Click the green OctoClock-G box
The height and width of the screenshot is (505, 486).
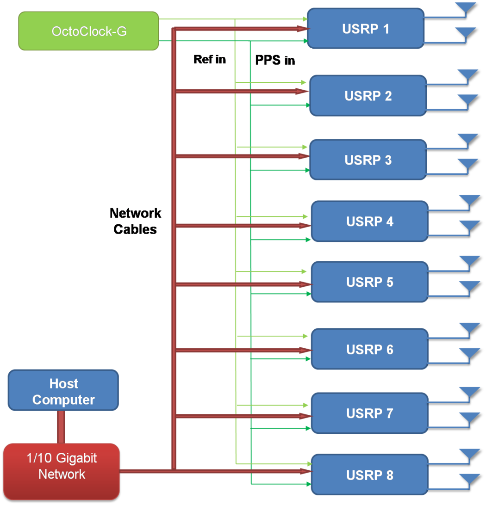(x=88, y=31)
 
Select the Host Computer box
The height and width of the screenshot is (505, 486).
(x=63, y=390)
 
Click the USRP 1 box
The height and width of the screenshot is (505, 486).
(x=365, y=29)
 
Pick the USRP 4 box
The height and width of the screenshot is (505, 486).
(x=369, y=222)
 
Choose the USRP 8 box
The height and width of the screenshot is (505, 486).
(x=369, y=475)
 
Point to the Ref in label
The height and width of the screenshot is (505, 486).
(x=210, y=60)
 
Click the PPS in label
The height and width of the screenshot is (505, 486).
(x=275, y=60)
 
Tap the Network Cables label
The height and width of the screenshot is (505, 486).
(x=135, y=221)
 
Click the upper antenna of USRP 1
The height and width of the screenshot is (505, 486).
(x=465, y=8)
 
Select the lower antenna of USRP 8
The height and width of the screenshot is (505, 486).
(x=469, y=479)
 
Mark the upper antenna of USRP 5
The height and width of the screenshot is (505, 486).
(x=469, y=262)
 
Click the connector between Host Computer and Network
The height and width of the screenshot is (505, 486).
(x=61, y=427)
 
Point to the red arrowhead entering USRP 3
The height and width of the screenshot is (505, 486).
(x=304, y=156)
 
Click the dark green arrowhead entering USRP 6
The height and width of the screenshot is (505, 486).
(x=306, y=358)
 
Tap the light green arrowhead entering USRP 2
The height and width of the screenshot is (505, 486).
(x=304, y=82)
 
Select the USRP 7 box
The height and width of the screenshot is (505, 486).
(x=369, y=413)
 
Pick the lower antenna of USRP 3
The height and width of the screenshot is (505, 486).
(x=467, y=164)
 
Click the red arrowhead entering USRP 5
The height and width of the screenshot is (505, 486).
(x=305, y=284)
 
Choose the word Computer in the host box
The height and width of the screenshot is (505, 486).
(x=63, y=400)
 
